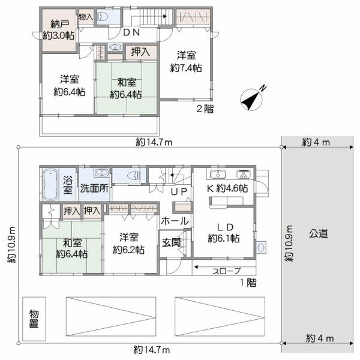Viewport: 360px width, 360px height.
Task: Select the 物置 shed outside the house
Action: [x=34, y=319]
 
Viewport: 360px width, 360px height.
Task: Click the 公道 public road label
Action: [x=318, y=234]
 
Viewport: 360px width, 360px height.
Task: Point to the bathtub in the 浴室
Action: [x=50, y=185]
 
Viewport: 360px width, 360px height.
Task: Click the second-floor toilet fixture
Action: [x=103, y=17]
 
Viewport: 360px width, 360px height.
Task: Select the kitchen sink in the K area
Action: [x=216, y=174]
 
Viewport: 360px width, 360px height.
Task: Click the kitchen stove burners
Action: [x=244, y=174]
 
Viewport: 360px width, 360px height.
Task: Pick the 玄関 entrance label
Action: [x=171, y=242]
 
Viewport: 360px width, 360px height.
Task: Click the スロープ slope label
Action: [x=226, y=271]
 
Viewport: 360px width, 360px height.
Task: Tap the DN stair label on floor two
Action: [x=131, y=32]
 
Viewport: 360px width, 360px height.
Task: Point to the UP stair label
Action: [x=179, y=192]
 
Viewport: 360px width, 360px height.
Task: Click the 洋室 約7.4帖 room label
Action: [x=186, y=62]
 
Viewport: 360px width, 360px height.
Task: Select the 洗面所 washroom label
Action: [x=94, y=188]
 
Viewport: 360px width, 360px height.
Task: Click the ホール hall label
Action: [x=175, y=221]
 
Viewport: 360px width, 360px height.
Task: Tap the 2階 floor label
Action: [x=205, y=109]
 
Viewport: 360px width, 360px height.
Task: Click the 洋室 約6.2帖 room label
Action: [x=128, y=244]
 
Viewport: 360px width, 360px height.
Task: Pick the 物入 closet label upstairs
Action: [x=86, y=17]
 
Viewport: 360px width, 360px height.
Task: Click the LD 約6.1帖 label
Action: [x=224, y=233]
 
